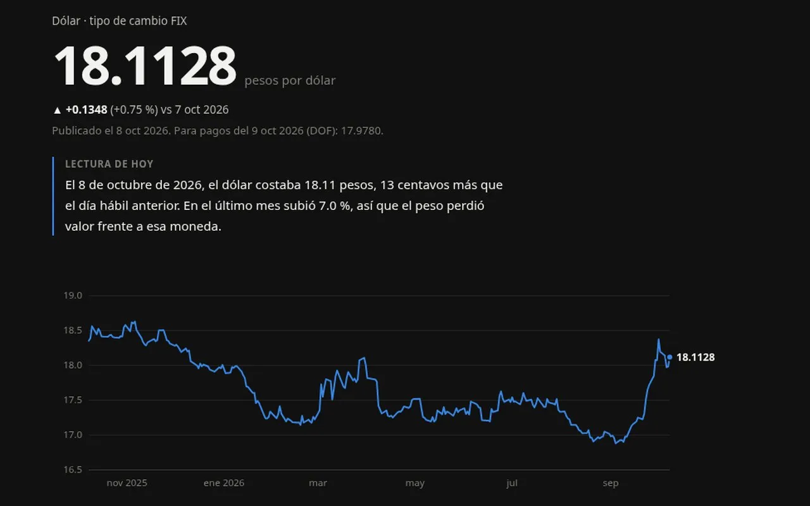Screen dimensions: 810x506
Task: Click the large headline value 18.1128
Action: click(x=145, y=66)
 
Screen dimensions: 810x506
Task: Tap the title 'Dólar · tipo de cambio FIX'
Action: click(x=120, y=21)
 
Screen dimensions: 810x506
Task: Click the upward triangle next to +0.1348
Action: click(x=57, y=110)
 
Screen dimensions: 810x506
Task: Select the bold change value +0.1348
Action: click(x=87, y=109)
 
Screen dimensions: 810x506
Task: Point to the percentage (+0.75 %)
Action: click(x=134, y=109)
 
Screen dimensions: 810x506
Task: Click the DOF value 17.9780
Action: click(x=361, y=130)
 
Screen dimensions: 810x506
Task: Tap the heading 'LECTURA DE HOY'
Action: click(x=109, y=164)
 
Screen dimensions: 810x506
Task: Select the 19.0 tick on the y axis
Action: click(x=73, y=295)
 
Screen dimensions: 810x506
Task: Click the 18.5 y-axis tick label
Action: click(x=73, y=330)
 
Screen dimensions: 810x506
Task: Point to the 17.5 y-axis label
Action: click(x=73, y=400)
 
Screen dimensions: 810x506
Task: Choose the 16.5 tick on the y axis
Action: click(x=73, y=469)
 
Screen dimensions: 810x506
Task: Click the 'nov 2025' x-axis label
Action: click(x=127, y=483)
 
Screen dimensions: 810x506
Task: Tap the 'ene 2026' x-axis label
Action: click(x=224, y=483)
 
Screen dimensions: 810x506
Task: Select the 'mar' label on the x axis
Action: click(x=318, y=483)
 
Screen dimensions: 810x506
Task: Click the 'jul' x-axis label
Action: click(x=512, y=483)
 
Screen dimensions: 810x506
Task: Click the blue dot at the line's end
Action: click(x=670, y=357)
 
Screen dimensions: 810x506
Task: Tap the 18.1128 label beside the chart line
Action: click(x=695, y=357)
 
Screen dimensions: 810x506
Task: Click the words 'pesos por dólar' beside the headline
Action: click(x=290, y=80)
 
